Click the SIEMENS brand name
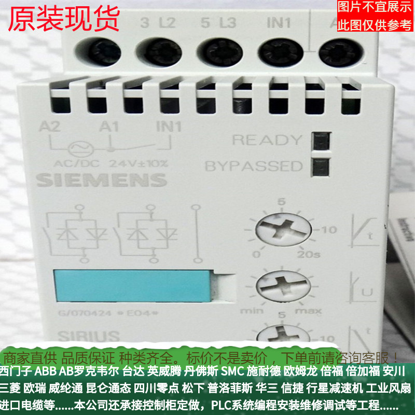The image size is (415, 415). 102,180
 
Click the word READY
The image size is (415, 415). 266,140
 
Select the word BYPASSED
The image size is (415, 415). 253,167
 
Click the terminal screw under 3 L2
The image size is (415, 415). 156,52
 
